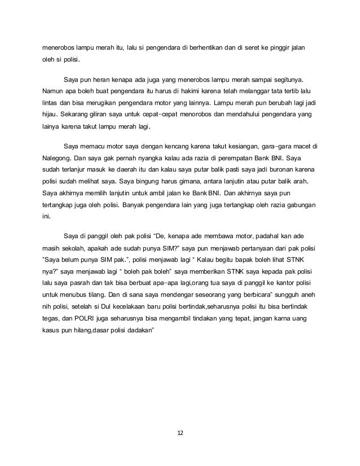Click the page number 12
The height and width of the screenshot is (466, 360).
[x=180, y=433]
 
